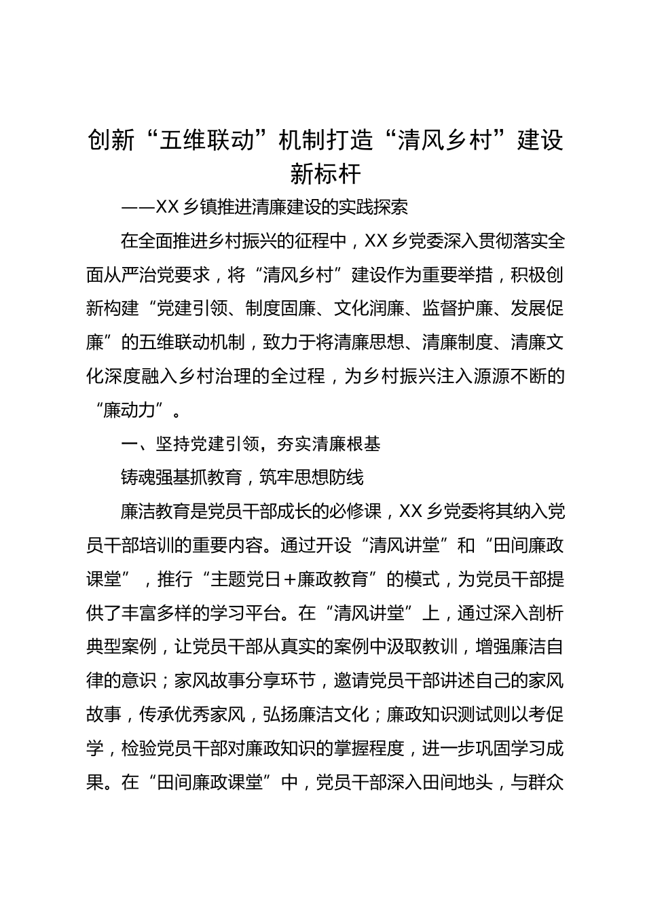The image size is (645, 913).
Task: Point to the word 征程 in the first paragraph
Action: tap(315, 241)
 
